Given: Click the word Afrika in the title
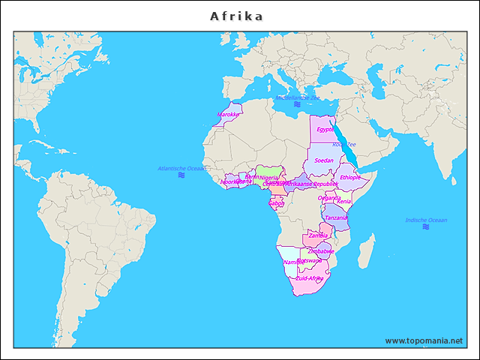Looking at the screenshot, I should (236, 16).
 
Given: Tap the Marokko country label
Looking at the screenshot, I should (229, 115).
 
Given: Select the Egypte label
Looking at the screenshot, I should (325, 129).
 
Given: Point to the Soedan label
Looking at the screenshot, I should (324, 160).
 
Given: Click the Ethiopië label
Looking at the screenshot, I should (350, 178).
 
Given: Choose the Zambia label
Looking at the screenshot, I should (319, 235).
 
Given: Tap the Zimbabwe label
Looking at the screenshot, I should (321, 251).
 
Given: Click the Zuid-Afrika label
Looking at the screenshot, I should (310, 278).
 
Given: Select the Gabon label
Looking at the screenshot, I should (276, 202).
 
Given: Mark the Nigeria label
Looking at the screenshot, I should (268, 178).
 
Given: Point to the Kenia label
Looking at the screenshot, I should (344, 202).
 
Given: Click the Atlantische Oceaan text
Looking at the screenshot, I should (181, 168).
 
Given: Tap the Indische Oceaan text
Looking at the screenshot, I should (426, 220).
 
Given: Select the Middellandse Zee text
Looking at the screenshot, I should (298, 97).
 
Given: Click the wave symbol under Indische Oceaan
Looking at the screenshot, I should (426, 226).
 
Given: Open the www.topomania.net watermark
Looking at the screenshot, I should (424, 340).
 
